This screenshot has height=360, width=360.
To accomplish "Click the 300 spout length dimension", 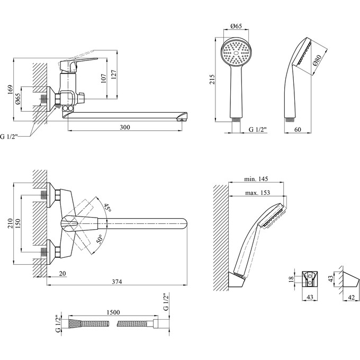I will point(124,127).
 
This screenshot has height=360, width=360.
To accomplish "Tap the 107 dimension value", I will point(104,78).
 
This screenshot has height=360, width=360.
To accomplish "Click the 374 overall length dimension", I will point(116,282).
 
